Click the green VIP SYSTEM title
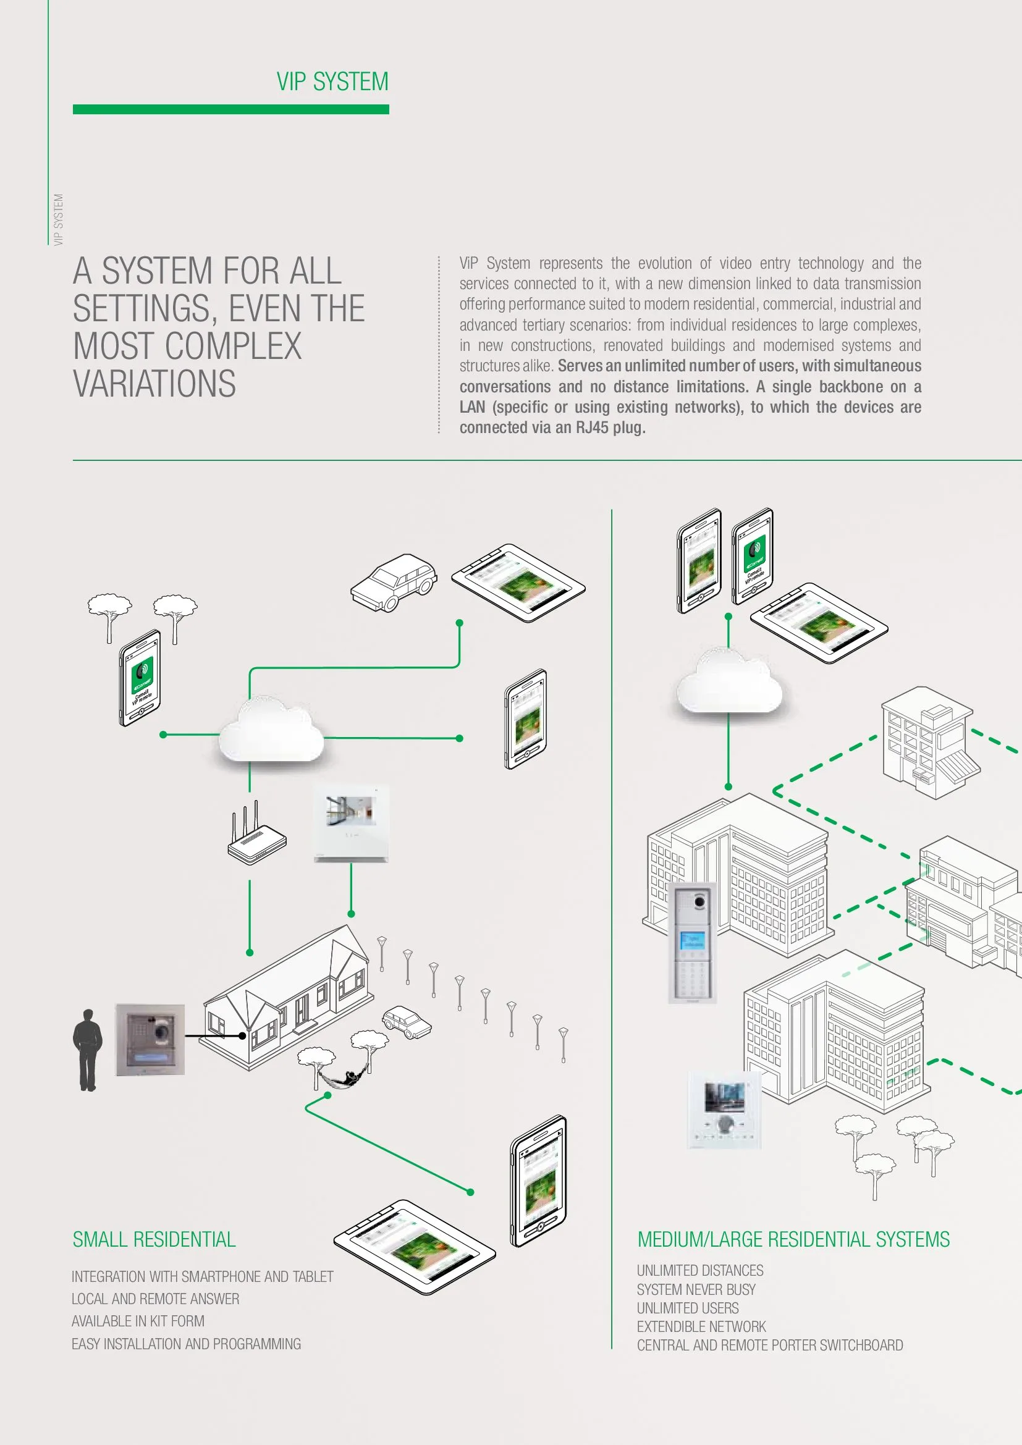tap(332, 82)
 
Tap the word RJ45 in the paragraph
tap(591, 428)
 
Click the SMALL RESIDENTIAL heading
tap(154, 1239)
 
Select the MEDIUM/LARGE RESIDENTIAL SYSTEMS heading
tap(793, 1239)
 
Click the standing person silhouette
tap(88, 1050)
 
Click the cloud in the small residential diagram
tap(271, 730)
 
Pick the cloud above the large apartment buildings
tap(728, 683)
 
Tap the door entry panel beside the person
tap(150, 1039)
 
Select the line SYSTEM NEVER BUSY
tap(696, 1289)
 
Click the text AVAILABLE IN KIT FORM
tap(138, 1321)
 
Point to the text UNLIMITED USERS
tap(688, 1308)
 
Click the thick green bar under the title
tap(231, 109)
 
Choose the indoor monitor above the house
tap(351, 823)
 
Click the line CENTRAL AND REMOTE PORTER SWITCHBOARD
tap(770, 1345)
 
